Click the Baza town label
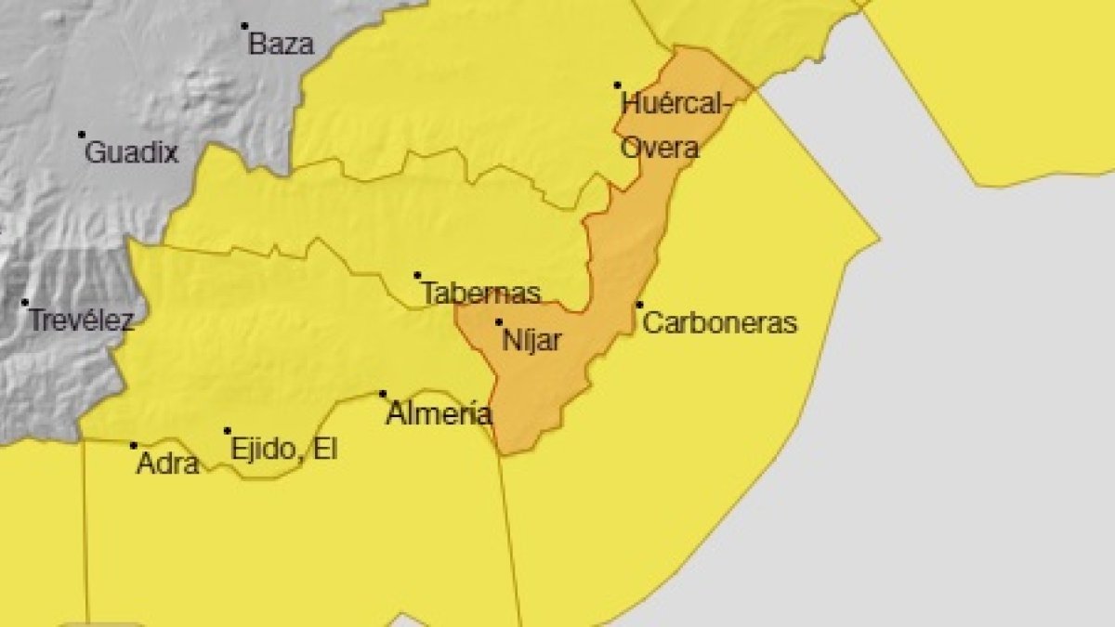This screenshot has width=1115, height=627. [282, 44]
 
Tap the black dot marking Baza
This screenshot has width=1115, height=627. [244, 26]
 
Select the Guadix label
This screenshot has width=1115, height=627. [131, 152]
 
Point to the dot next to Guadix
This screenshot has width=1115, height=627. [82, 135]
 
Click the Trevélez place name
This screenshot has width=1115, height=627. [82, 321]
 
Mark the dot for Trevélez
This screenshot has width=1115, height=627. [25, 302]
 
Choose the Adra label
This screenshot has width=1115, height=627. [167, 463]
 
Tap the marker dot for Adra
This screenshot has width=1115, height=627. [134, 446]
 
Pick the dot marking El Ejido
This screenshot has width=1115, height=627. [228, 431]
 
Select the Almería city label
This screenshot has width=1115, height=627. [439, 413]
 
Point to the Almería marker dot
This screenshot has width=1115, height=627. [383, 394]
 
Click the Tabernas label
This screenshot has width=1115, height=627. [481, 294]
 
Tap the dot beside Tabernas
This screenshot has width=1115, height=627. [418, 275]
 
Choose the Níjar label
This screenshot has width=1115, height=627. [531, 341]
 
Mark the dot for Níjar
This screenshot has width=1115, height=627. [499, 322]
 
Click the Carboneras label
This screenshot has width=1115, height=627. [720, 323]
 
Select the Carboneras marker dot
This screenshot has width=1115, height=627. [639, 305]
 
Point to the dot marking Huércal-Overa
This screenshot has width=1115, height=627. [617, 85]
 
